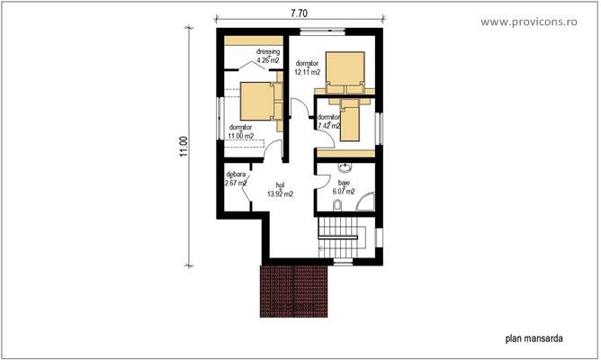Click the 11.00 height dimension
(183, 148)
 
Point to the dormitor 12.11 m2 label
(309, 67)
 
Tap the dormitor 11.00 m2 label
(241, 132)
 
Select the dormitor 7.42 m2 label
(327, 121)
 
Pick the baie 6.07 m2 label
(344, 187)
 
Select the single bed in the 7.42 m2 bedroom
(351, 120)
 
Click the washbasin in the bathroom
(345, 168)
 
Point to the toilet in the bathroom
(336, 206)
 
